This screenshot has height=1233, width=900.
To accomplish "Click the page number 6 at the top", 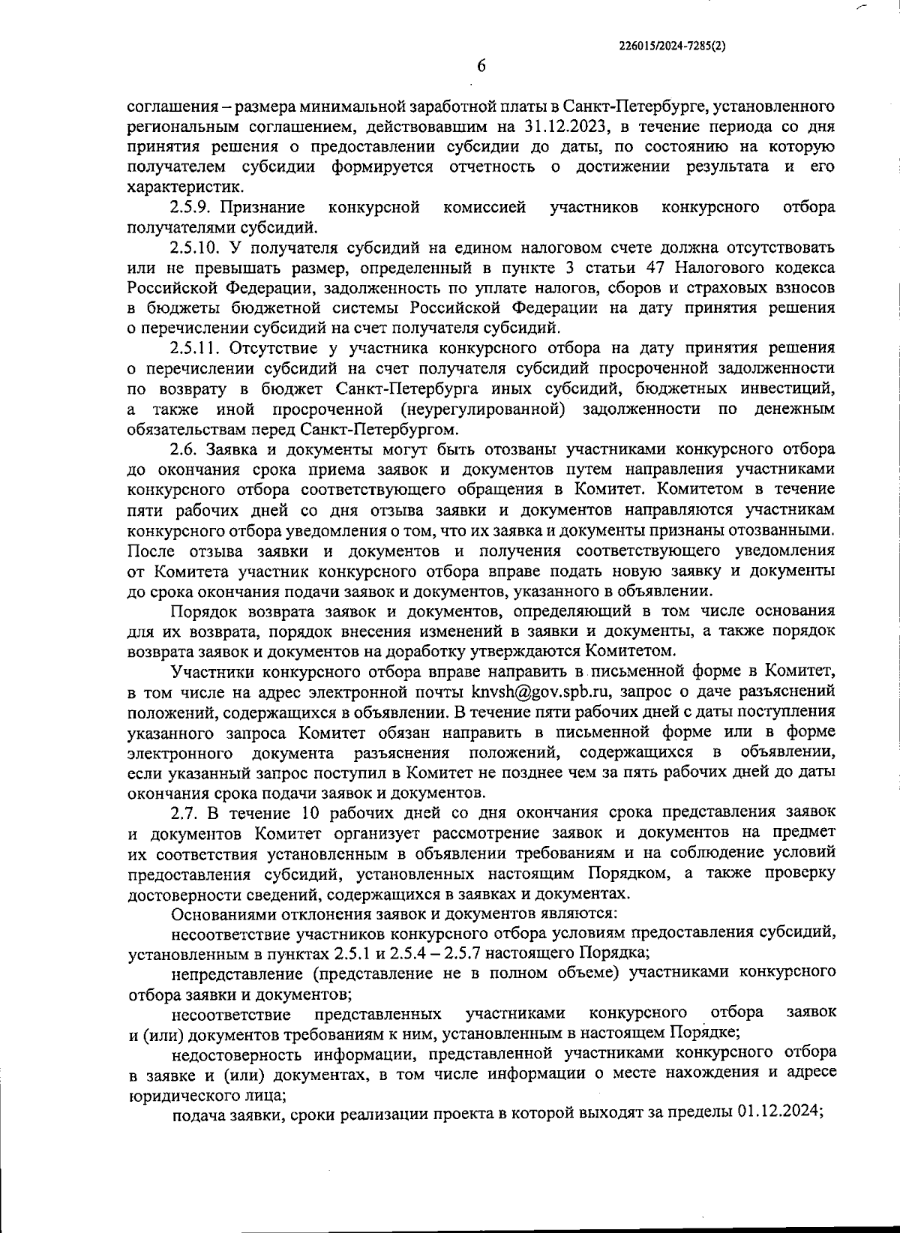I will coord(481,66).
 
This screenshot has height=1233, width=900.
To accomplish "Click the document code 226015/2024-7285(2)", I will coord(673,45).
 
